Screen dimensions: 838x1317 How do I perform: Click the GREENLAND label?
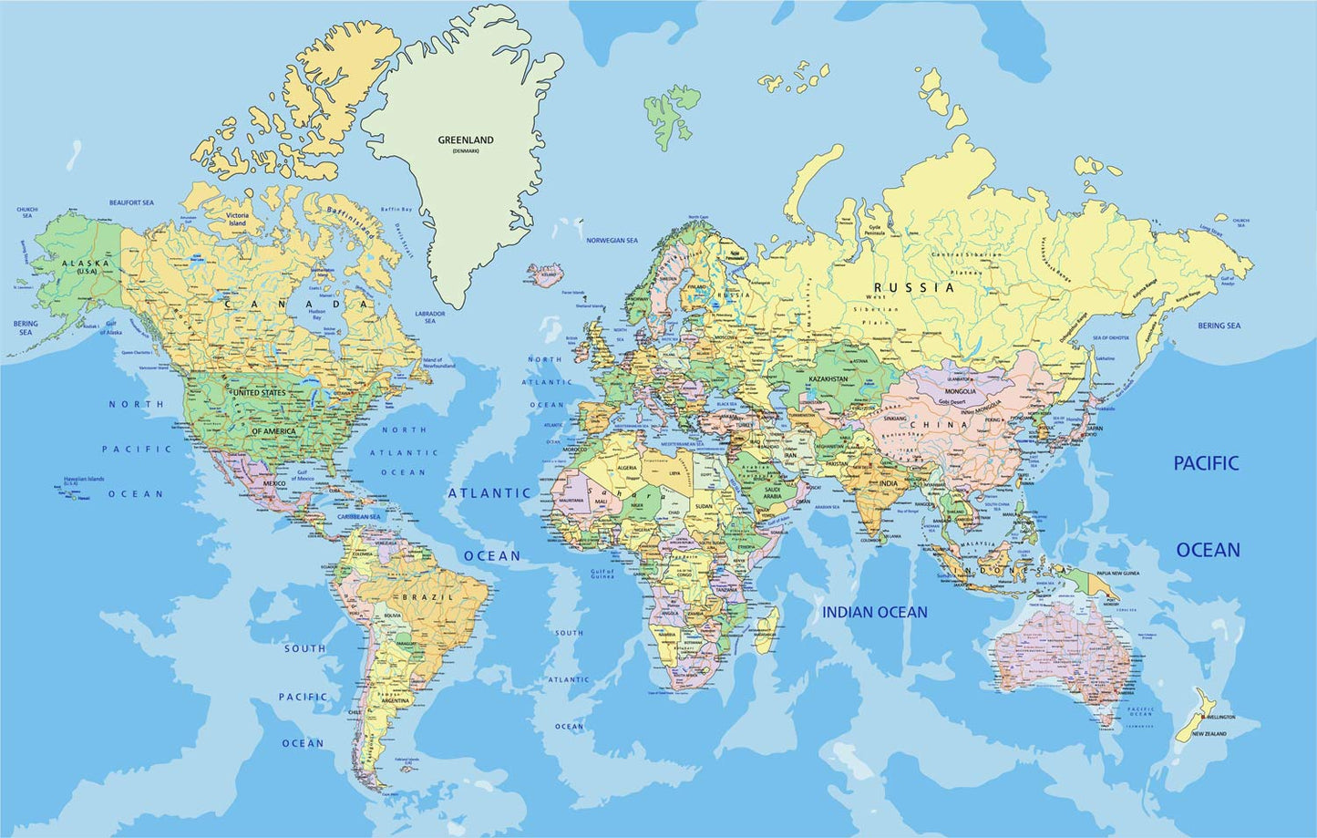(x=466, y=140)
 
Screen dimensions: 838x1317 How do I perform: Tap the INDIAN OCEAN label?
(x=874, y=613)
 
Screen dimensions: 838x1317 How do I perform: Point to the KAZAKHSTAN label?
(x=828, y=378)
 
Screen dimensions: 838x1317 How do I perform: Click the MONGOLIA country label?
(x=959, y=391)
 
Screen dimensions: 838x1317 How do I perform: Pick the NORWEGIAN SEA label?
(x=612, y=241)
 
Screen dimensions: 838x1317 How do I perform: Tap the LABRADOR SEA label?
(x=429, y=317)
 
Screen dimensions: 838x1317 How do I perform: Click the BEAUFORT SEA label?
(x=131, y=202)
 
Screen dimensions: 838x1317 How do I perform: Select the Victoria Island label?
(x=237, y=219)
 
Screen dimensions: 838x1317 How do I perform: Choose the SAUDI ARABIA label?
(x=779, y=493)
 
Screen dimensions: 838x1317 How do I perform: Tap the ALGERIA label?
(x=627, y=468)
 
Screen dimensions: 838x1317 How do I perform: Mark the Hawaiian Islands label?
(x=84, y=479)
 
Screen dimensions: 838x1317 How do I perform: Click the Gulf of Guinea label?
(x=602, y=574)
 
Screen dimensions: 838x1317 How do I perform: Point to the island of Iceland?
(x=547, y=273)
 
